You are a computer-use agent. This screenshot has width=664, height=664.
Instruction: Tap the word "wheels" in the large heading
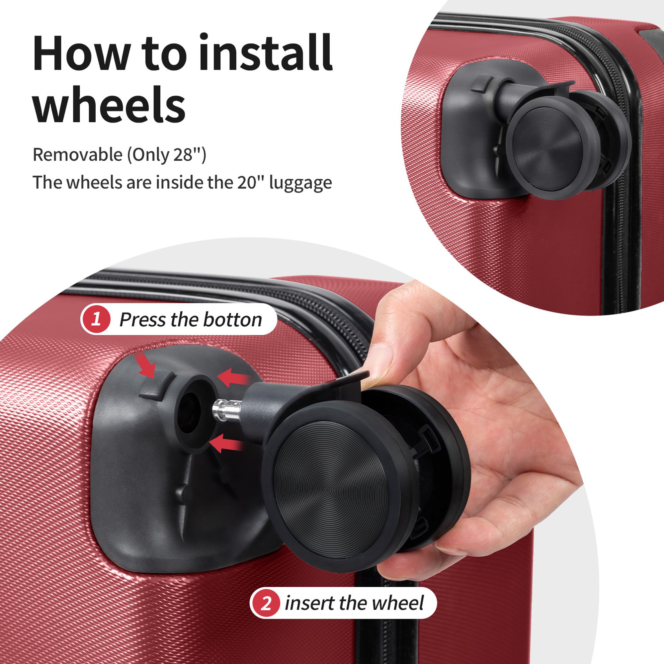click(x=109, y=102)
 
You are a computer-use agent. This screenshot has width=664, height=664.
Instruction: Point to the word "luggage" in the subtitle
click(x=301, y=183)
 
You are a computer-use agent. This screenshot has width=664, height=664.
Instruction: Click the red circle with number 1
click(x=97, y=320)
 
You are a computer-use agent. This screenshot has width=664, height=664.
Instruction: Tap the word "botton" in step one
click(x=233, y=320)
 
